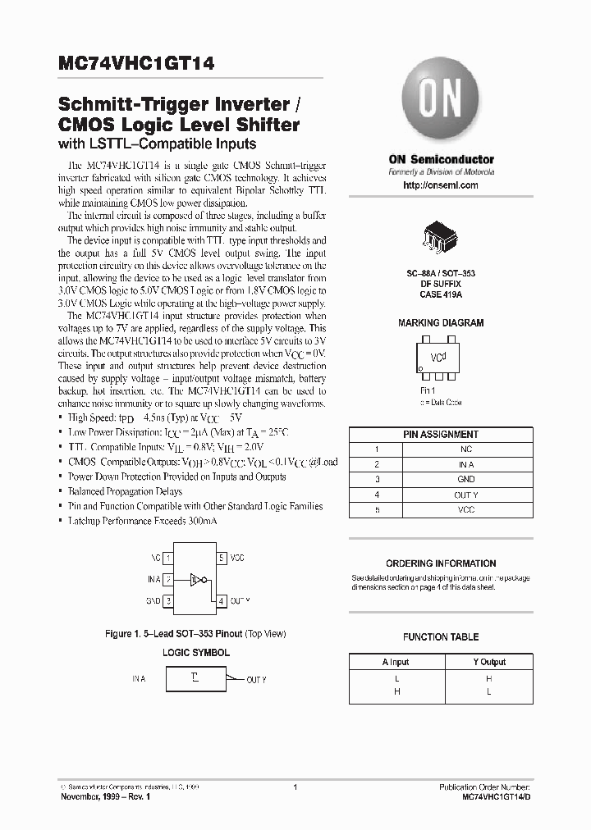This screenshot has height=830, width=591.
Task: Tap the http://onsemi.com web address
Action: tap(441, 185)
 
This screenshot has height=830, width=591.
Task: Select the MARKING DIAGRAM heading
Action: tap(441, 323)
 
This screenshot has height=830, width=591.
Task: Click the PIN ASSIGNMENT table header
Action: tap(441, 435)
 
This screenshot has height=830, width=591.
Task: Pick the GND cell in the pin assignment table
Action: tap(465, 479)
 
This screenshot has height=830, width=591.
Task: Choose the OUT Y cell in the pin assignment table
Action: tap(465, 495)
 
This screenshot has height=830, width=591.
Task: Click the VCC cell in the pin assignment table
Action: tap(465, 509)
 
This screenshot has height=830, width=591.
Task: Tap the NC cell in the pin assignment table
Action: tap(465, 449)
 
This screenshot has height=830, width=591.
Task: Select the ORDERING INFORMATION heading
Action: tap(441, 563)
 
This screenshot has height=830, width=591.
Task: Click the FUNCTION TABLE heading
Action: tap(441, 636)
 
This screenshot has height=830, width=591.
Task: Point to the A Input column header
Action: tap(396, 662)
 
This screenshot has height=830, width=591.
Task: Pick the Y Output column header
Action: tap(489, 662)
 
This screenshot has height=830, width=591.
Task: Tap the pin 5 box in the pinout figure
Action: tap(222, 559)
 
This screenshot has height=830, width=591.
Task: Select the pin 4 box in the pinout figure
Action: tap(222, 601)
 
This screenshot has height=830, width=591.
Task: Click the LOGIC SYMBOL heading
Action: tap(195, 652)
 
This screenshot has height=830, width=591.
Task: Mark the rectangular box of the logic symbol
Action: tap(195, 678)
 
